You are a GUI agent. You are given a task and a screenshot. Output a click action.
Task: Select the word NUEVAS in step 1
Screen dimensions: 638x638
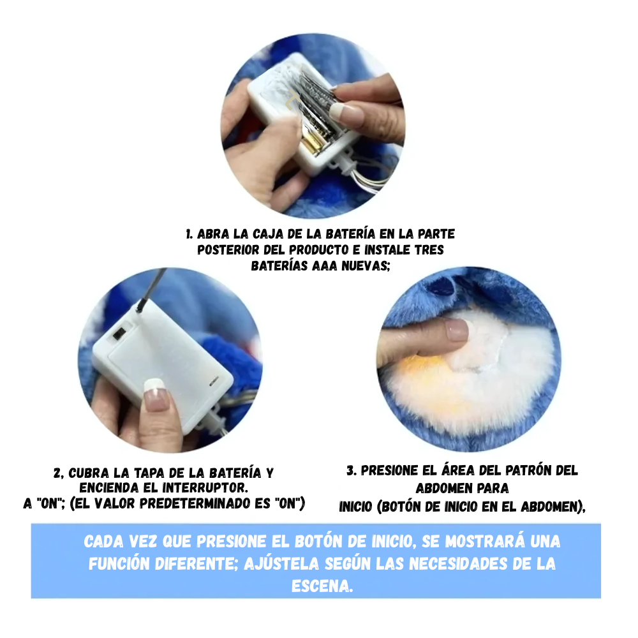tap(366, 266)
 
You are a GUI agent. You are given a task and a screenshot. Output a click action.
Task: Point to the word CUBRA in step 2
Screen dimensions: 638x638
tap(89, 473)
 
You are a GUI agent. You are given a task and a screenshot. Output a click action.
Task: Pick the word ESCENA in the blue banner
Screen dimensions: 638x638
tap(322, 586)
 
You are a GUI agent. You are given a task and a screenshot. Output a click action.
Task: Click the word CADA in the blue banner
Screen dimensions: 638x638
tap(103, 542)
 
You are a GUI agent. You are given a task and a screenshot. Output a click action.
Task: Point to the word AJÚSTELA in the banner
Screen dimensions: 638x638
tap(281, 564)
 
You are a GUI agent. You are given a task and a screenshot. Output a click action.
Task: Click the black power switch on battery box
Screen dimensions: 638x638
tap(119, 334)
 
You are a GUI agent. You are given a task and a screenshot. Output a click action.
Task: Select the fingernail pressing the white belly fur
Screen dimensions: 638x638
tap(456, 329)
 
